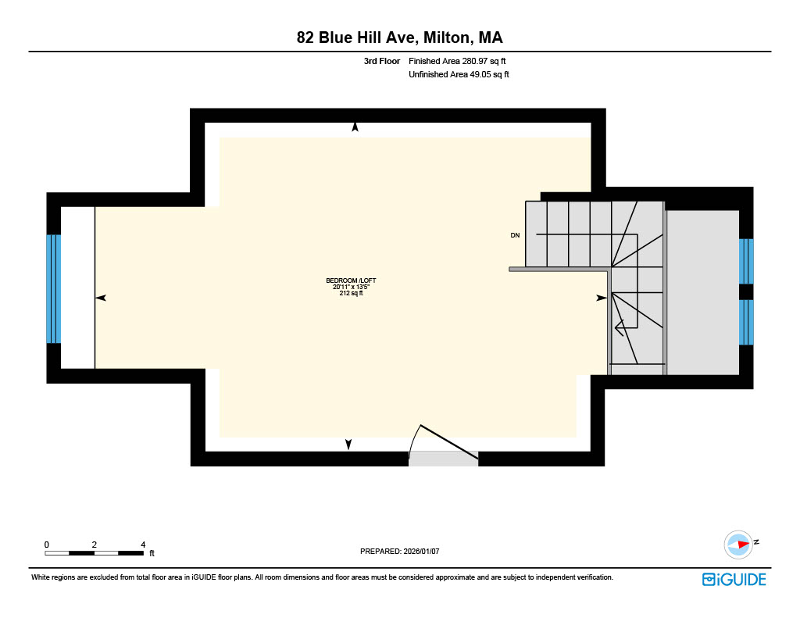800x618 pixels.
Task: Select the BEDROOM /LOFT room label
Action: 351,280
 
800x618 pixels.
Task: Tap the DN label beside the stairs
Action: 516,235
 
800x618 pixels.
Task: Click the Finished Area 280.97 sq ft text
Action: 457,61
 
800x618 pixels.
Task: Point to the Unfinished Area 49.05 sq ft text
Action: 459,74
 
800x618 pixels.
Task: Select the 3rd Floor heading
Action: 381,61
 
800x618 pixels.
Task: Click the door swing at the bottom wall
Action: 443,442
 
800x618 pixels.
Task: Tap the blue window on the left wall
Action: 54,289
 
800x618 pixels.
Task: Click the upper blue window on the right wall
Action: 746,261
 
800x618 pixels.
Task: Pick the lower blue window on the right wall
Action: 746,323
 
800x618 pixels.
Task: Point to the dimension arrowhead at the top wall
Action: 355,127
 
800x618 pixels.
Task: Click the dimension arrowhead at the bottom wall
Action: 348,445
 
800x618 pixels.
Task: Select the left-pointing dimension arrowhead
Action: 101,298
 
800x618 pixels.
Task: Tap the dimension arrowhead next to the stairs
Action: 602,298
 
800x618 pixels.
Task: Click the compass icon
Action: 738,545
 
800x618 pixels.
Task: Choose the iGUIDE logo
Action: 734,579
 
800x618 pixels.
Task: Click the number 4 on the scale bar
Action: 144,545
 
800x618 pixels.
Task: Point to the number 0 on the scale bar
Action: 46,545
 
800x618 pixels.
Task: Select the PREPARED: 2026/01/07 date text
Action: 399,551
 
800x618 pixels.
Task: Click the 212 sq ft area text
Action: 351,294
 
